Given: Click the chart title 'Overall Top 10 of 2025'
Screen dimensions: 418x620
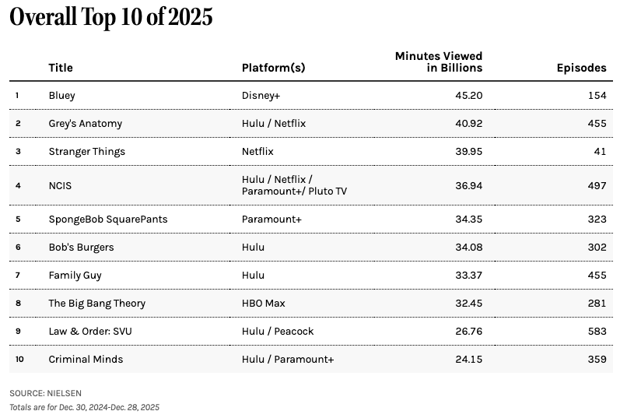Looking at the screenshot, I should [111, 18].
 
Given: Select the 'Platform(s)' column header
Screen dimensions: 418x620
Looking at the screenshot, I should [273, 68].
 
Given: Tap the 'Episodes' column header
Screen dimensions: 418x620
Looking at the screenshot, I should [581, 68].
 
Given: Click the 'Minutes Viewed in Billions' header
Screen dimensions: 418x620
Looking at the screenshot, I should [439, 61].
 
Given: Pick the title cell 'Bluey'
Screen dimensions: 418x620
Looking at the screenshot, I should [61, 96].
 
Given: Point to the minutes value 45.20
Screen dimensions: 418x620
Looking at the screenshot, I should [468, 96].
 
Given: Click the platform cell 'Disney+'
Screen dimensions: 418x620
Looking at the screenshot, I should [262, 96].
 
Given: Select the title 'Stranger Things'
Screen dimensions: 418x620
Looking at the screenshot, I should [86, 152].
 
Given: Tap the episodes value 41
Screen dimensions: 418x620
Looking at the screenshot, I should [599, 152].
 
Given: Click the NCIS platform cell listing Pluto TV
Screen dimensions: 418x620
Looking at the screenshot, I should [294, 185].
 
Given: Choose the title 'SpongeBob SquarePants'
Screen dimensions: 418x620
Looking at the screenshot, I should [107, 220].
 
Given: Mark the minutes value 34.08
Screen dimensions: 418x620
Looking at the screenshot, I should [468, 248].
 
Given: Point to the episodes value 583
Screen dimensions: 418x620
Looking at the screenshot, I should [596, 332].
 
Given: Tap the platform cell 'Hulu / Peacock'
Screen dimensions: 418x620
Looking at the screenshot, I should [278, 332].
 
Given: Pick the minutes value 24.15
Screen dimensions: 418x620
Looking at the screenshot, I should [468, 360].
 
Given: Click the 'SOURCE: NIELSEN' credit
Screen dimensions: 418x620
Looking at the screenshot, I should [45, 393].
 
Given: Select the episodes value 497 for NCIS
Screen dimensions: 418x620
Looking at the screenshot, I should [596, 185].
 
